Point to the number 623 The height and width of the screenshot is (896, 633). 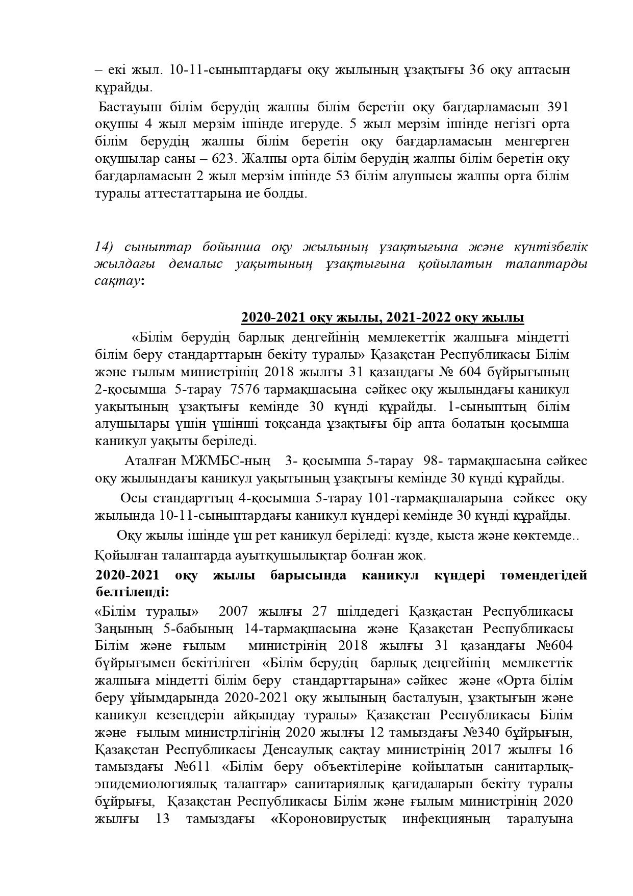pos(222,159)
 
